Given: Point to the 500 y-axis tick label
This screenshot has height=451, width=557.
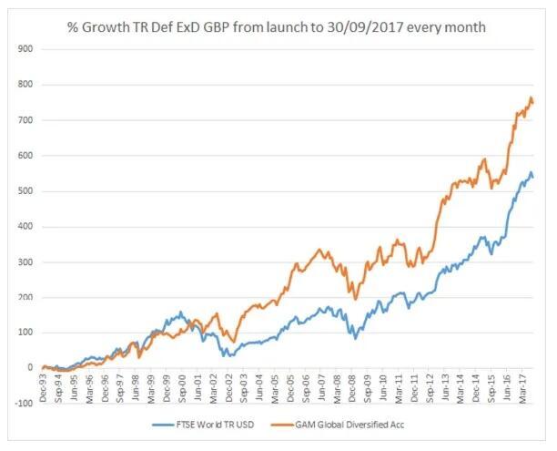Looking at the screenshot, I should [x=22, y=191].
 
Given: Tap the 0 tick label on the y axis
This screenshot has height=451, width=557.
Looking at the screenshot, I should [x=28, y=368].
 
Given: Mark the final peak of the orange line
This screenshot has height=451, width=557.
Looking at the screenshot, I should [x=531, y=97].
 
